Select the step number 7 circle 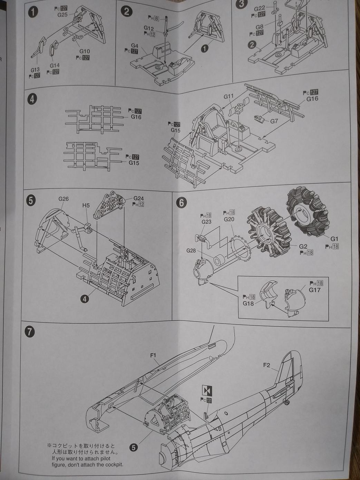coord(30,332)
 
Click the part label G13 coord(35,70)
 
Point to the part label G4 coord(134,46)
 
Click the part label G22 coord(259,8)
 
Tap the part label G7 coord(274,121)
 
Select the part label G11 coord(228,97)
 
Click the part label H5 coord(86,205)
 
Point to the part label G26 coord(64,199)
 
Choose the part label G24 coord(138,198)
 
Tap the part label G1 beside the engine coord(334,239)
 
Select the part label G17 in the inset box coord(314,290)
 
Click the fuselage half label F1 coord(154,355)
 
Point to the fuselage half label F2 coord(266,365)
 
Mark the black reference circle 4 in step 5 coord(85,299)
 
